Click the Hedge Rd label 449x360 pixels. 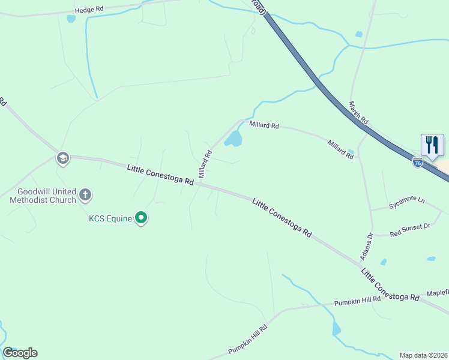89,10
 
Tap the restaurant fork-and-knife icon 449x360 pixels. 432,145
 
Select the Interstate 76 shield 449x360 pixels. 418,161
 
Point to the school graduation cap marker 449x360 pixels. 62,158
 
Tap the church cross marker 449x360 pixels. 85,194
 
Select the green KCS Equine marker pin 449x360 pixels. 141,218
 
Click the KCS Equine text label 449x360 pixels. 110,218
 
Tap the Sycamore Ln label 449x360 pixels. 406,201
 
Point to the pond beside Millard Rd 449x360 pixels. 234,140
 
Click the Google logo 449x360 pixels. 20,353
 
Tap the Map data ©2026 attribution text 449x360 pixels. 423,355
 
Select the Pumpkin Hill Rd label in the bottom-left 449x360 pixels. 247,339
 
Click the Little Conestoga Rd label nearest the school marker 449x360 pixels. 160,174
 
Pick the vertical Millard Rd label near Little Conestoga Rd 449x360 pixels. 205,164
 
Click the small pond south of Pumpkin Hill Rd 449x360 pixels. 336,329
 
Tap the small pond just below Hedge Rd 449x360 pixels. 71,19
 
